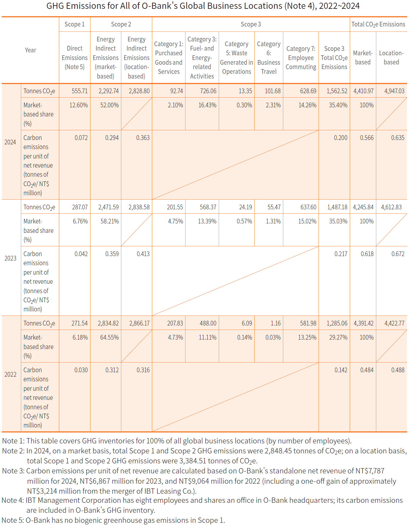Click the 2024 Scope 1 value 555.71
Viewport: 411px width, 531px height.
(79, 91)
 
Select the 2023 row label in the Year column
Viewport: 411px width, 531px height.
(10, 258)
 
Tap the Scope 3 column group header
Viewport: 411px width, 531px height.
(251, 24)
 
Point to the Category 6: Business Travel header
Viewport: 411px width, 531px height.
(269, 58)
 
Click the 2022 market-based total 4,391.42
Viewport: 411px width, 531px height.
(363, 323)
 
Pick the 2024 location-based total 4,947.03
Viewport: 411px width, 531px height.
(394, 91)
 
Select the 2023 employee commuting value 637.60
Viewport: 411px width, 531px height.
(308, 207)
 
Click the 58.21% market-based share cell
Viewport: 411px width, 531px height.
(110, 221)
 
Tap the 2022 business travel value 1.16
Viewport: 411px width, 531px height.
(276, 323)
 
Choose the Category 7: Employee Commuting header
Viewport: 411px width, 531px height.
(301, 58)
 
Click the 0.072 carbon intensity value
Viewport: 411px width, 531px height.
(81, 138)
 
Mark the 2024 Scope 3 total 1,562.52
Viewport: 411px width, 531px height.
(337, 91)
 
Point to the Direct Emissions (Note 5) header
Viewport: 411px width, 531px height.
(74, 58)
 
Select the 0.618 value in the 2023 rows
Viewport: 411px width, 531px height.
(367, 254)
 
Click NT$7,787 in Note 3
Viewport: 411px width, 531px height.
(369, 471)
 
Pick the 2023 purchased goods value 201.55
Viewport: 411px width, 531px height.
(175, 207)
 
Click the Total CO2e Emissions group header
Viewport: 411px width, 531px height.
(378, 24)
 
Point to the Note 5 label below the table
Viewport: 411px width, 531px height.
(12, 520)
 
